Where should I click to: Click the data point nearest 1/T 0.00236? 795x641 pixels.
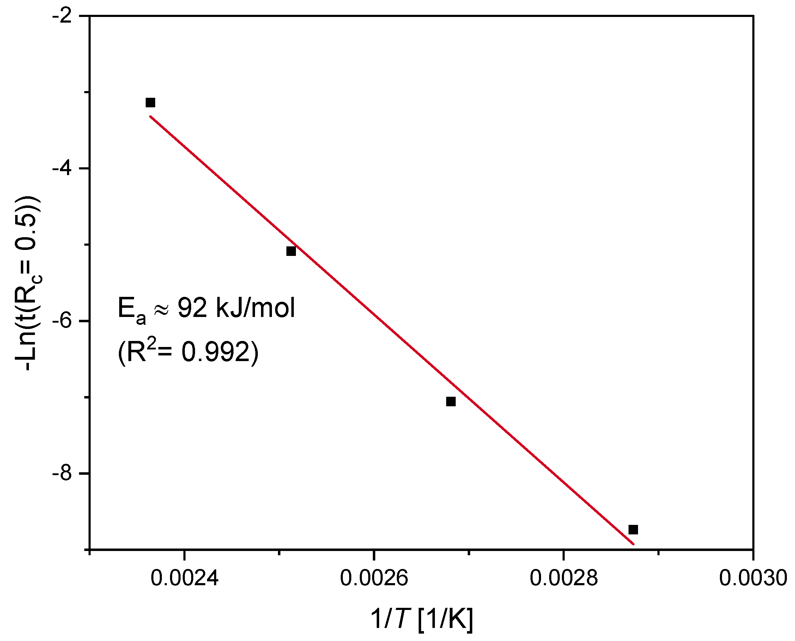click(x=150, y=103)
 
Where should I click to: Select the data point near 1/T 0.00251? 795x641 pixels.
click(x=291, y=251)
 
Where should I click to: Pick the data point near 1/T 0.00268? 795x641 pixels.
click(x=451, y=402)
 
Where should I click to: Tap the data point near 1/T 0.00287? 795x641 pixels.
click(x=633, y=530)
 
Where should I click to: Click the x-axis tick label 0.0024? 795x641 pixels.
click(x=184, y=578)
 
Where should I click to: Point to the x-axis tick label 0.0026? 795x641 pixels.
click(x=374, y=578)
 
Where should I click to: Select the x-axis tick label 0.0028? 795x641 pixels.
click(x=563, y=578)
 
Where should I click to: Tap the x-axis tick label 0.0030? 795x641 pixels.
click(x=753, y=578)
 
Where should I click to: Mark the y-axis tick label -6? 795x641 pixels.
click(x=62, y=321)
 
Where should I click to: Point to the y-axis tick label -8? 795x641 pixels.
click(x=62, y=473)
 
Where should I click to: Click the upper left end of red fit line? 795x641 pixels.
click(x=150, y=117)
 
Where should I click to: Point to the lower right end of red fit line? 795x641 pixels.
click(x=633, y=544)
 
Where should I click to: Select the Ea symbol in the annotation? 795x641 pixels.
click(x=131, y=310)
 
